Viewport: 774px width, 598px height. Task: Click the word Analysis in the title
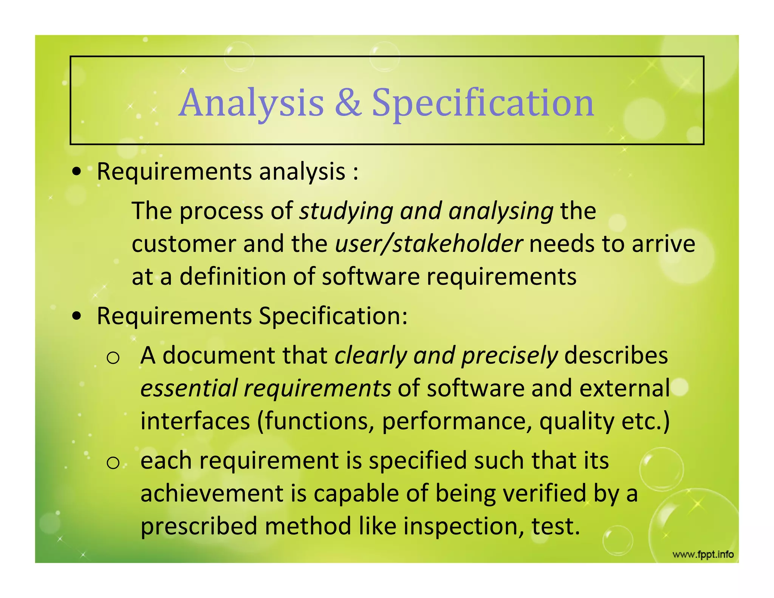point(251,103)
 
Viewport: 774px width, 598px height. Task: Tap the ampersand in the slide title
point(348,103)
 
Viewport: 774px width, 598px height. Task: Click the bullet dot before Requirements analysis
point(77,172)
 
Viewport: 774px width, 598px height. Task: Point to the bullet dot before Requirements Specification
point(77,316)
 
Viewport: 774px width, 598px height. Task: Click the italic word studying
point(346,211)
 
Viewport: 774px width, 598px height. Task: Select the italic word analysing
point(501,211)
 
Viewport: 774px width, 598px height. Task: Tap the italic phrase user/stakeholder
point(429,244)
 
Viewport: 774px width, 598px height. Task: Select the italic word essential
point(189,388)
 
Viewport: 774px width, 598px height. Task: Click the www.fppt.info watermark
point(703,555)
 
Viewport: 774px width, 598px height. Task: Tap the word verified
point(544,494)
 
